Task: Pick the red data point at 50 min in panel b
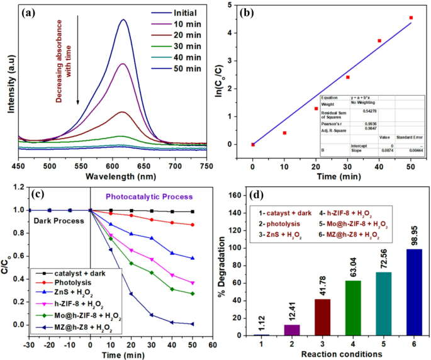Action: pyautogui.click(x=411, y=18)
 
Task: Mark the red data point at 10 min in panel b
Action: pyautogui.click(x=284, y=133)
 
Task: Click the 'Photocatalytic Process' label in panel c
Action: pyautogui.click(x=150, y=196)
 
